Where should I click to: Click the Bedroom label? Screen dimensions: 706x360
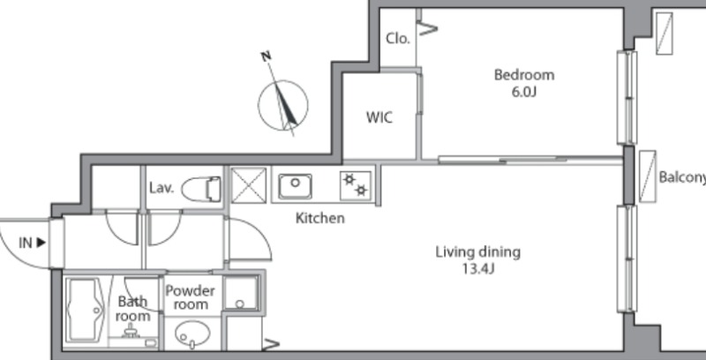coord(524,75)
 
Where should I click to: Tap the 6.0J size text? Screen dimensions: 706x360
coord(524,92)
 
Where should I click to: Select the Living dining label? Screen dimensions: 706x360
coord(477,252)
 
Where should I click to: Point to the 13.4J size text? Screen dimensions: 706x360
coord(477,269)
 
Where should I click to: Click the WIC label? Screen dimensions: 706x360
coord(379,117)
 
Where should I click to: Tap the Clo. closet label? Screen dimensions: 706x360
coord(398,39)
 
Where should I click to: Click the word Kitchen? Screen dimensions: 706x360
coord(319,218)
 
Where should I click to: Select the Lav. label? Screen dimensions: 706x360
coord(161,188)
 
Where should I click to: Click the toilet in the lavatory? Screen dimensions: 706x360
coord(201,189)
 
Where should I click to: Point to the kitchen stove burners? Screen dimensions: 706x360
coord(356,185)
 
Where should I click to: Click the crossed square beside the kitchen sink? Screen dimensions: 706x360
coord(248,185)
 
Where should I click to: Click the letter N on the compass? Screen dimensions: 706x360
coord(267,56)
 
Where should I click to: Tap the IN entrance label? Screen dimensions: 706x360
coord(32,243)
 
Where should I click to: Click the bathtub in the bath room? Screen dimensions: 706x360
coord(86,310)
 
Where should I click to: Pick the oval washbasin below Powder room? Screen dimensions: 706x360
coord(192,334)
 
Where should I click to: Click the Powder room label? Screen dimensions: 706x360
coord(191,297)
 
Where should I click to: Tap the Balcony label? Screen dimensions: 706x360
coord(682,177)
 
